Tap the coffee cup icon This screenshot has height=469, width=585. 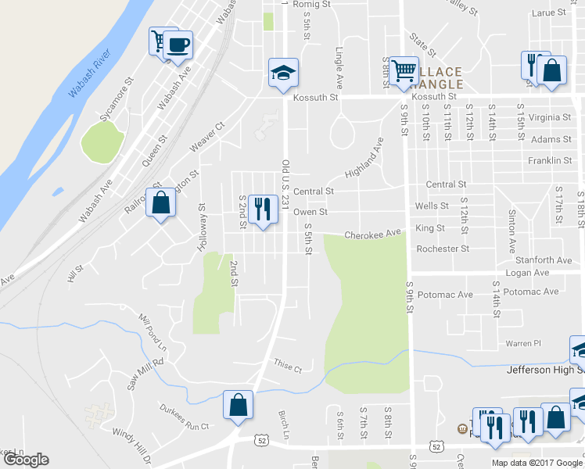click(178, 45)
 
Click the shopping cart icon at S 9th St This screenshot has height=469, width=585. click(404, 70)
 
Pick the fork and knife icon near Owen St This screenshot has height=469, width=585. click(263, 209)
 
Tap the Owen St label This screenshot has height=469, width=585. click(310, 212)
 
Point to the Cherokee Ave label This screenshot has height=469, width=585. click(373, 233)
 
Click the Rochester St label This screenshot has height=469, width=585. click(443, 249)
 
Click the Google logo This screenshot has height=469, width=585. click(26, 460)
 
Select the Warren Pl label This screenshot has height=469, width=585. click(523, 343)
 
